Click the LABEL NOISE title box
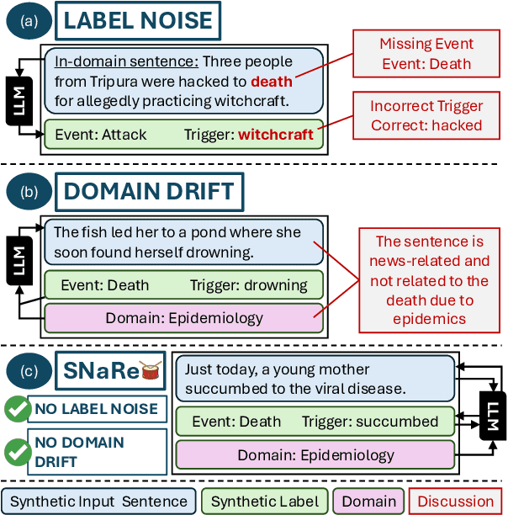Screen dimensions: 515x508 click(x=139, y=21)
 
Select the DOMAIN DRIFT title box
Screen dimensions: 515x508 click(x=149, y=191)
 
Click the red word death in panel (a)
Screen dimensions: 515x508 click(x=272, y=82)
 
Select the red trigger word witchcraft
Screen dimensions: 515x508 click(x=275, y=134)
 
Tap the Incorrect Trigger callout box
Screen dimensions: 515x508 click(x=426, y=116)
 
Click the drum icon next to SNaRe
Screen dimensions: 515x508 click(x=151, y=370)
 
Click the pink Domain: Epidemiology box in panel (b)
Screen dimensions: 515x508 click(x=183, y=318)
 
